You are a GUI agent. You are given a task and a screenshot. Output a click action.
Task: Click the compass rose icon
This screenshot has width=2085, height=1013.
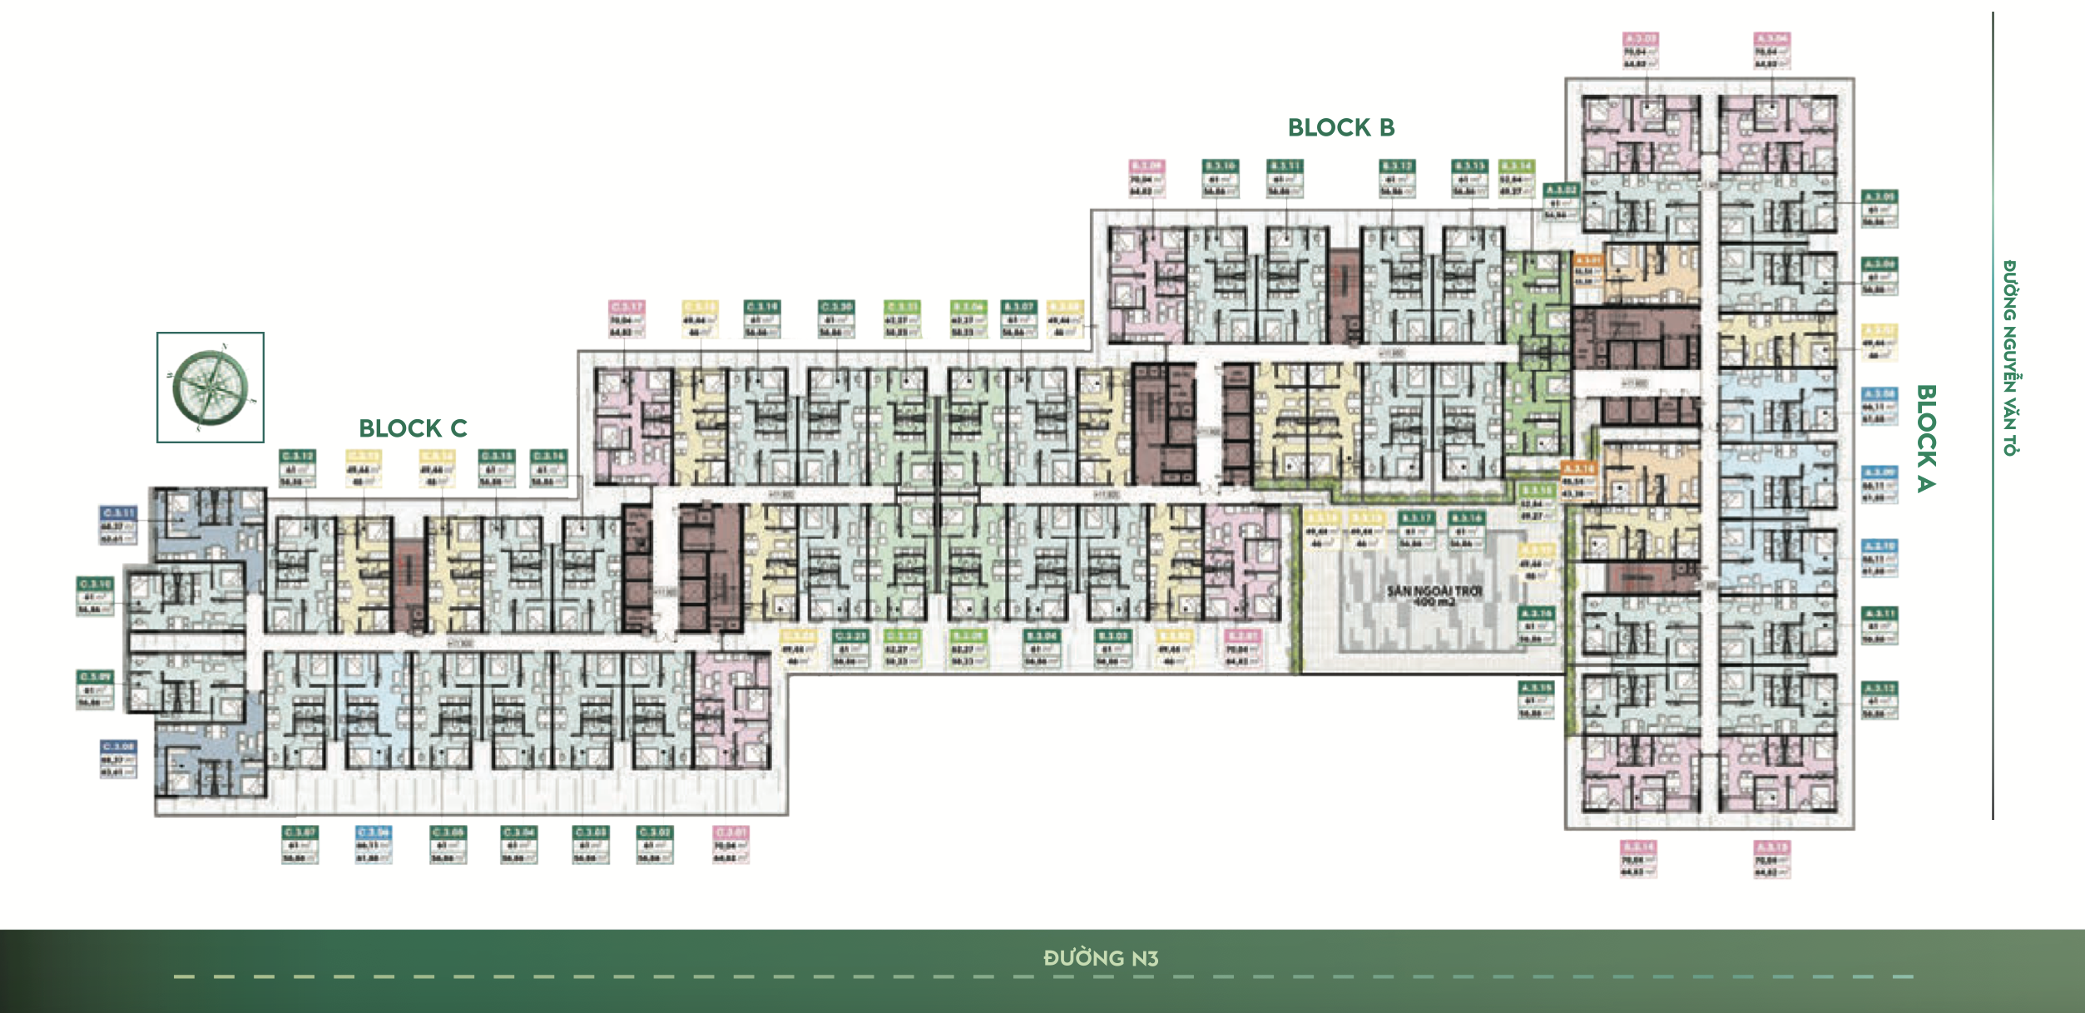(210, 388)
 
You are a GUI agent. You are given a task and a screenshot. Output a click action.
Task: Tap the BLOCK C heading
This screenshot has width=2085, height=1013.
(413, 428)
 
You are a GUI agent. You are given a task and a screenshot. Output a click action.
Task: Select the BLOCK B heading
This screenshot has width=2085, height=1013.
(1340, 127)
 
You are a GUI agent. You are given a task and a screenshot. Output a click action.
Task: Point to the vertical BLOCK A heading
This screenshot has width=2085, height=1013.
(1926, 437)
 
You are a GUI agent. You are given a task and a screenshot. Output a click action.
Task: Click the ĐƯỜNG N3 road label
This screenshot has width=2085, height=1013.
(1100, 958)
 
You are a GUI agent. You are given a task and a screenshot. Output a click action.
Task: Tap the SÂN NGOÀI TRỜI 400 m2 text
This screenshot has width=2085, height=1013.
(1434, 595)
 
